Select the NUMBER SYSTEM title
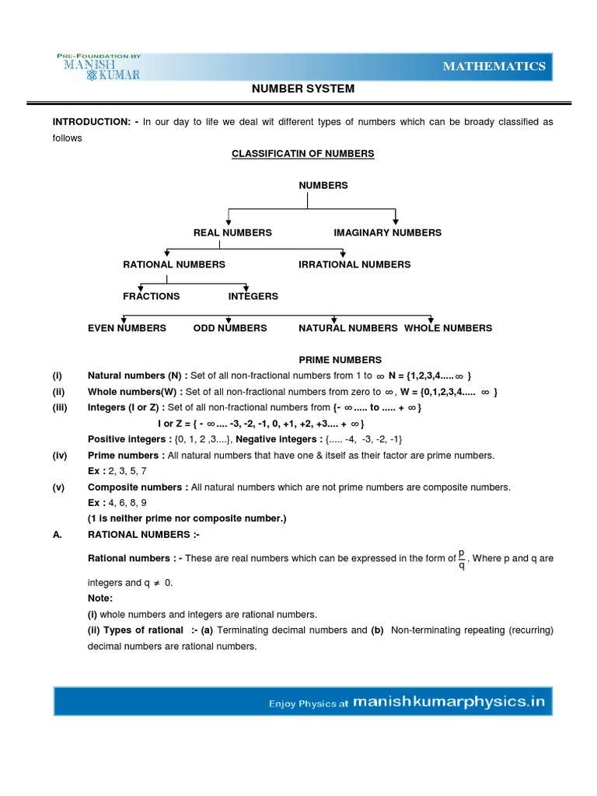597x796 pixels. coord(303,89)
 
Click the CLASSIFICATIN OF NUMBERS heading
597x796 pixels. coord(303,154)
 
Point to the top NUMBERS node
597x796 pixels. coord(323,186)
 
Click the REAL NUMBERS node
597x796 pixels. coord(232,232)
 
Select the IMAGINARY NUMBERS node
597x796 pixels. coord(387,232)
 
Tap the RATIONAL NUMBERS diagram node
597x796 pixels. coord(174,264)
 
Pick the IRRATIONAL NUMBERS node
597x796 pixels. coord(354,264)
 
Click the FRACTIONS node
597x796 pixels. coord(151,296)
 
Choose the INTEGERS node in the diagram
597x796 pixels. coord(253,296)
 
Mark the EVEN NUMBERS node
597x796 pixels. coord(127,328)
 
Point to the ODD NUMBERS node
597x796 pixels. coord(230,328)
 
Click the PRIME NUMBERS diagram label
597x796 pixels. coord(340,360)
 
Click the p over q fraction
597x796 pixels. coord(461,559)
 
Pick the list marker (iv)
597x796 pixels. coord(61,456)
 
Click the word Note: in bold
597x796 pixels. coord(99,599)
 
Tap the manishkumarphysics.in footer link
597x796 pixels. coord(449,703)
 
